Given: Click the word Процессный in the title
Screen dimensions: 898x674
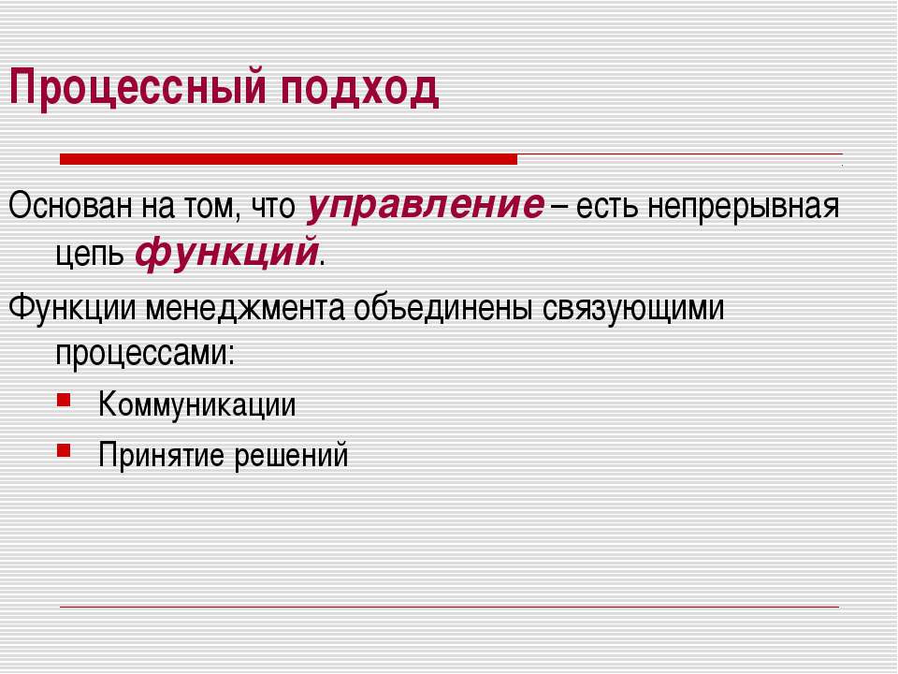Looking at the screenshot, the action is point(138,88).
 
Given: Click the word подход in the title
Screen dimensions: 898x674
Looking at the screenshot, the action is point(359,90).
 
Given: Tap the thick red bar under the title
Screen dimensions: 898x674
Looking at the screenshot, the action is point(288,159).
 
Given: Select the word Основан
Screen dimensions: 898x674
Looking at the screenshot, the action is point(72,206).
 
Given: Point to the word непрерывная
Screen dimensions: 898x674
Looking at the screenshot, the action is point(743,209).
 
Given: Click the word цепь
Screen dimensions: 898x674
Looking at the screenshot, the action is point(90,254).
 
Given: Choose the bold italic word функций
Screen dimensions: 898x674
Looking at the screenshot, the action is point(226,253).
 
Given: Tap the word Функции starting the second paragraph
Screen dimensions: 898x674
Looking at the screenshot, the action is point(72,308).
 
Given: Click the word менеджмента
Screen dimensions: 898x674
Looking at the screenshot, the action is point(245,308).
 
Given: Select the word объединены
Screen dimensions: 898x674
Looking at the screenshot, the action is point(443,308).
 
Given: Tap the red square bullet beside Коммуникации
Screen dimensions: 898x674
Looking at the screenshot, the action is point(64,399).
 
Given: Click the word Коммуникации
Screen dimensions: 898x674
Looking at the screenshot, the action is point(197,404).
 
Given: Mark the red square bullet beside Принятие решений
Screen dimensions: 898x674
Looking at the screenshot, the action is point(64,450).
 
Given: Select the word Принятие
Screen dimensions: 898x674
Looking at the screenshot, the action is point(162,456).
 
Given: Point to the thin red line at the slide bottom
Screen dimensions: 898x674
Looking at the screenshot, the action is point(450,607).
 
